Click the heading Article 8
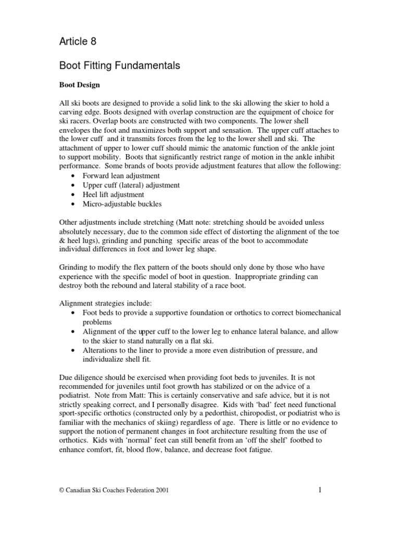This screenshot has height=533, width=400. tap(78, 41)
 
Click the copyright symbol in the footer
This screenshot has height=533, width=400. tap(63, 490)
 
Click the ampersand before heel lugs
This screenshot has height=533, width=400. tap(63, 240)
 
